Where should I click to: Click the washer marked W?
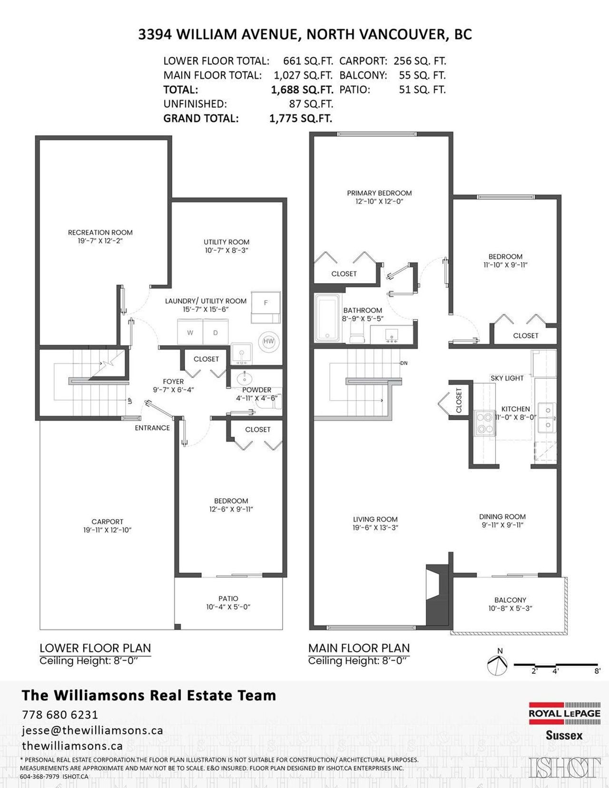pyautogui.click(x=190, y=332)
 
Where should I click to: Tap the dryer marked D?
pyautogui.click(x=216, y=332)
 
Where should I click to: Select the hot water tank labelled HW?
pyautogui.click(x=269, y=341)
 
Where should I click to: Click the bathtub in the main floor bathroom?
pyautogui.click(x=327, y=318)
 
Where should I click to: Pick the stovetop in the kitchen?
pyautogui.click(x=485, y=423)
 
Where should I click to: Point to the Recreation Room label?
pyautogui.click(x=100, y=232)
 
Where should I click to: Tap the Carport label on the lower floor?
pyautogui.click(x=108, y=522)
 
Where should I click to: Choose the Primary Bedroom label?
pyautogui.click(x=379, y=193)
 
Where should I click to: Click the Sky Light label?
pyautogui.click(x=507, y=378)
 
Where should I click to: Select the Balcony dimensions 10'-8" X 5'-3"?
pyautogui.click(x=510, y=609)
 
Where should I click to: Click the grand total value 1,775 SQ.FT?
pyautogui.click(x=301, y=118)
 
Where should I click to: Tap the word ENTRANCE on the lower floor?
pyautogui.click(x=152, y=428)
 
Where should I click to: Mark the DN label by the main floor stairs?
pyautogui.click(x=404, y=363)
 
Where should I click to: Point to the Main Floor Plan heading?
pyautogui.click(x=359, y=648)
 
